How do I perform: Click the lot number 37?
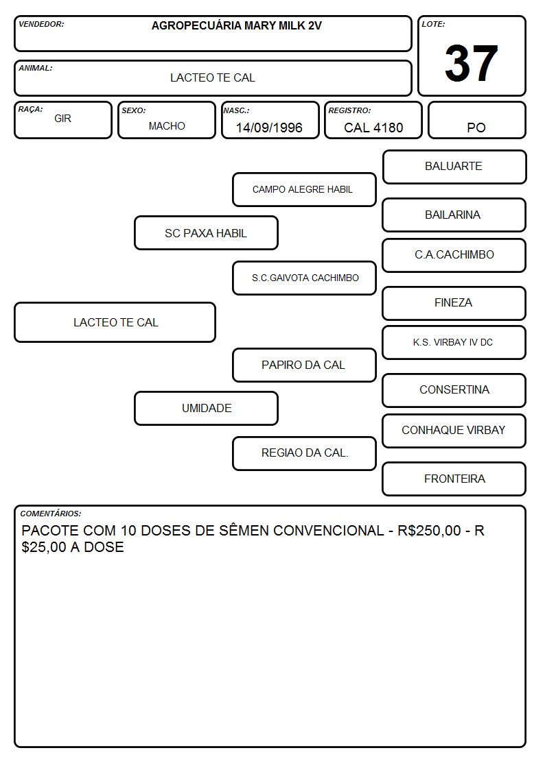pyautogui.click(x=472, y=63)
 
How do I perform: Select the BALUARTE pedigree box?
pyautogui.click(x=454, y=167)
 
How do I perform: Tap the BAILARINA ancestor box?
pyautogui.click(x=454, y=215)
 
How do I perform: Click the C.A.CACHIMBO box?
pyautogui.click(x=454, y=255)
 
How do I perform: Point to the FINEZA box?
pyautogui.click(x=454, y=303)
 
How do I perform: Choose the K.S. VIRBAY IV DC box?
pyautogui.click(x=454, y=342)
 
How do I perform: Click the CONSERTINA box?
pyautogui.click(x=454, y=390)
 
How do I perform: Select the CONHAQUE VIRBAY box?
pyautogui.click(x=454, y=431)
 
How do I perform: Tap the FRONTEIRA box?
pyautogui.click(x=454, y=479)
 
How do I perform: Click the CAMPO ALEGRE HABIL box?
pyautogui.click(x=304, y=189)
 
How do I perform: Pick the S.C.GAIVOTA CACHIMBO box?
pyautogui.click(x=304, y=278)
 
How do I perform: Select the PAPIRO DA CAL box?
pyautogui.click(x=304, y=365)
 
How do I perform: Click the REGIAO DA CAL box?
pyautogui.click(x=304, y=453)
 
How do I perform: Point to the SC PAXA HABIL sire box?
pyautogui.click(x=206, y=232)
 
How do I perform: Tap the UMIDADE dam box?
pyautogui.click(x=206, y=408)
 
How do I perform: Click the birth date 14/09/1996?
pyautogui.click(x=269, y=128)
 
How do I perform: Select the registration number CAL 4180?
pyautogui.click(x=373, y=128)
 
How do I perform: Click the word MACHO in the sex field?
pyautogui.click(x=167, y=126)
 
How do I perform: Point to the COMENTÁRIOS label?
pyautogui.click(x=51, y=514)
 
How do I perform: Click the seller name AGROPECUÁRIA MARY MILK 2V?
pyautogui.click(x=236, y=25)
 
